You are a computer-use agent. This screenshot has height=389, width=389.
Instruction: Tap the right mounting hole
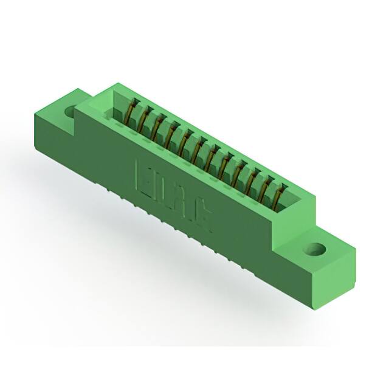pyautogui.click(x=315, y=249)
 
